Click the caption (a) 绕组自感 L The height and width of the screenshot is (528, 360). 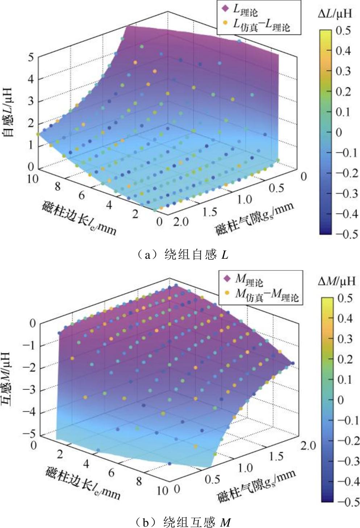(x=181, y=255)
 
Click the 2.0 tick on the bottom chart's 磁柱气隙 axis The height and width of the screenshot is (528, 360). (x=307, y=445)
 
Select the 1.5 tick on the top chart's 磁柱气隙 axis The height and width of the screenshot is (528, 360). (x=210, y=212)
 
